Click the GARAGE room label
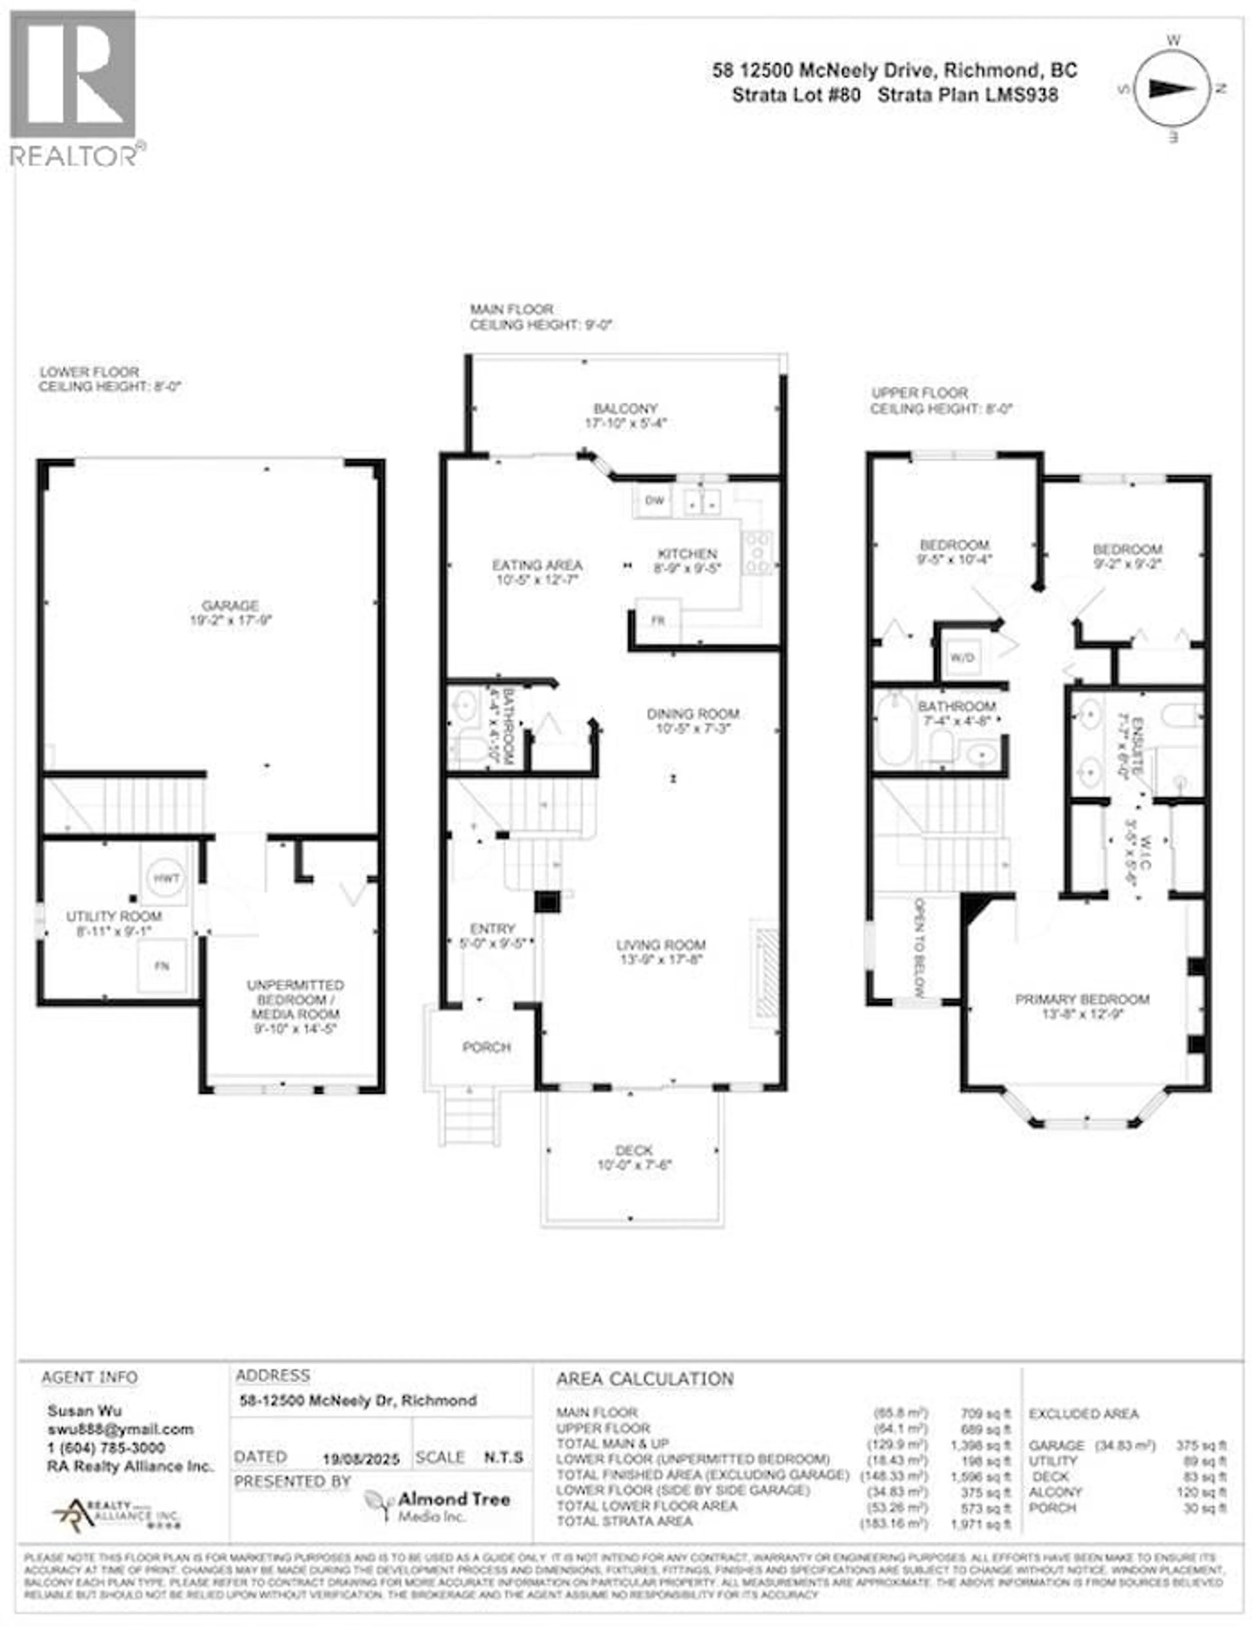pos(230,605)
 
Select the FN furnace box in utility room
pos(161,966)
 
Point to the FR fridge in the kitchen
pos(657,620)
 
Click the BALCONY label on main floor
pos(625,409)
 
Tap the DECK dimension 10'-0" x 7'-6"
pos(634,1165)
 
